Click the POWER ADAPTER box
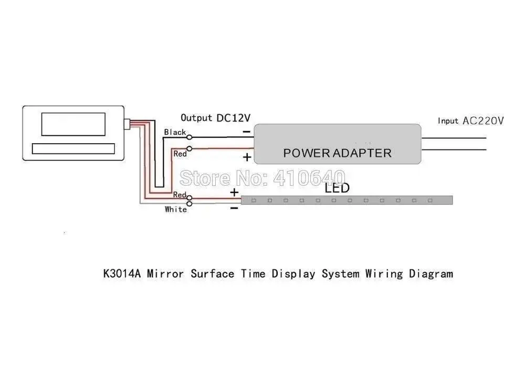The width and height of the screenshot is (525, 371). (x=337, y=143)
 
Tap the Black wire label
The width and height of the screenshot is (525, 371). (x=175, y=132)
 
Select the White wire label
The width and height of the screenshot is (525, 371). (x=175, y=209)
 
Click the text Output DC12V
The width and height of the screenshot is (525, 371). (x=216, y=118)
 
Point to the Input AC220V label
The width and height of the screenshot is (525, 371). (x=470, y=121)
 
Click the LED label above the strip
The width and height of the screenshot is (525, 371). (x=337, y=188)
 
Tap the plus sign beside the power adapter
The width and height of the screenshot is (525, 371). (x=247, y=157)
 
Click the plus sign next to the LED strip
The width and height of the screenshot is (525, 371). (x=234, y=193)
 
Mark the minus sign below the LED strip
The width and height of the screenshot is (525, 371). (x=234, y=208)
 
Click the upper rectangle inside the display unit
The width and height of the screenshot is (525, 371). (x=74, y=123)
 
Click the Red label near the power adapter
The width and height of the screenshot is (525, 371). (x=180, y=154)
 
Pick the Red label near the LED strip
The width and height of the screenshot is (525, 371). (x=180, y=195)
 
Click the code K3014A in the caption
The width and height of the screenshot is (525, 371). (x=122, y=273)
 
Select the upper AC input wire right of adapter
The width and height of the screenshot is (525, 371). (x=454, y=137)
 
